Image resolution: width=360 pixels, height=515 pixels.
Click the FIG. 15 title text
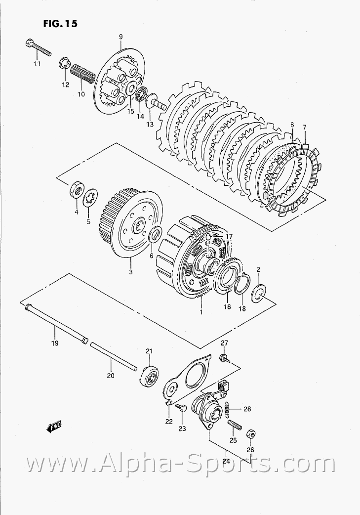tap(59, 23)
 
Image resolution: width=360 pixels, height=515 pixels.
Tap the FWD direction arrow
tap(53, 426)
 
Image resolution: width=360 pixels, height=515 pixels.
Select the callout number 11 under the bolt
tap(37, 64)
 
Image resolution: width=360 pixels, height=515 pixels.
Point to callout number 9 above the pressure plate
tap(120, 37)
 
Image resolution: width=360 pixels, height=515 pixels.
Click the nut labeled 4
tap(77, 189)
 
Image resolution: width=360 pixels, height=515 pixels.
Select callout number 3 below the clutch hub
tap(130, 272)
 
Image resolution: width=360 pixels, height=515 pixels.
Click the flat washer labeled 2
tap(258, 294)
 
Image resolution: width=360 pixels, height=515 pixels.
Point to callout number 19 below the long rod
tap(54, 343)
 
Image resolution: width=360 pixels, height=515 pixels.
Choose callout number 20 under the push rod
tap(110, 376)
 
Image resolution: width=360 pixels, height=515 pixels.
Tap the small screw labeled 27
tap(224, 358)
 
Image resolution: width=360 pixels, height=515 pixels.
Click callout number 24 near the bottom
tap(226, 461)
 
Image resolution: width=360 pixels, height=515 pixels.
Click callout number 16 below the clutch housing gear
tap(227, 306)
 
